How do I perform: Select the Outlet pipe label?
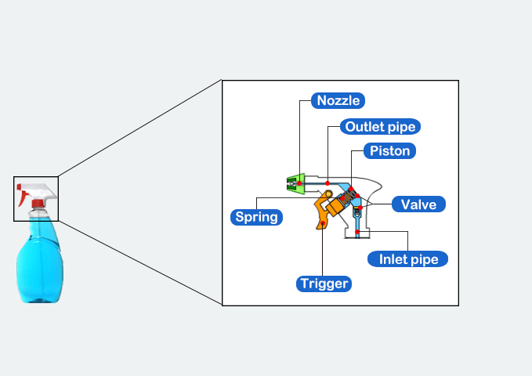(382, 126)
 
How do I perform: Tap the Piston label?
(389, 150)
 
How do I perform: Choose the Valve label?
(418, 204)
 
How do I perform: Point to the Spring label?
(257, 216)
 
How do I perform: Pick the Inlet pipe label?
(408, 258)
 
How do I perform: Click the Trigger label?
(324, 283)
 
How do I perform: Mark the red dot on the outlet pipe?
(328, 182)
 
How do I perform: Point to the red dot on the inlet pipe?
(357, 232)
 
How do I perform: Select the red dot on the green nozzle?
(299, 183)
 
